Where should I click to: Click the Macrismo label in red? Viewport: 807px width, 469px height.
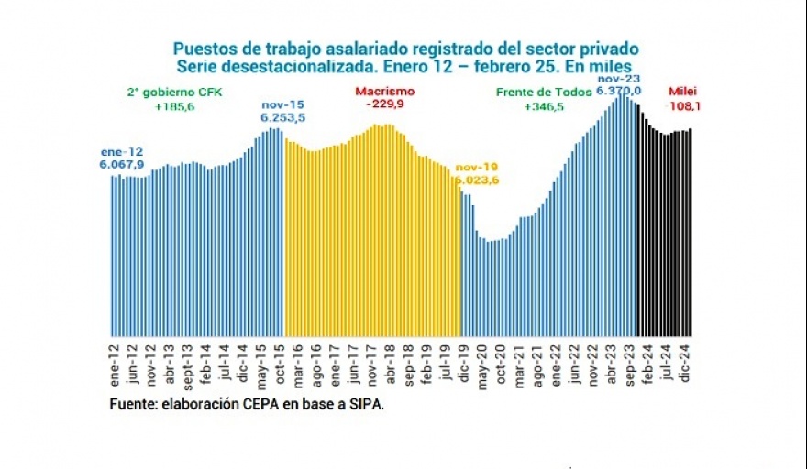point(384,92)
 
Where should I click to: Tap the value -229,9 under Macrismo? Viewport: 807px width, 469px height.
point(384,104)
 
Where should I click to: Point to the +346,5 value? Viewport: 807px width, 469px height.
point(544,106)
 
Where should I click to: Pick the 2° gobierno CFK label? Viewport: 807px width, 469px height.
point(173,93)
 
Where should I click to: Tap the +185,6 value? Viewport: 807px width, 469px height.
point(173,106)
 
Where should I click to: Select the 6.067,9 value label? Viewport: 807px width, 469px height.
point(122,164)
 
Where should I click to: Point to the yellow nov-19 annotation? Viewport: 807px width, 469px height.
point(477,167)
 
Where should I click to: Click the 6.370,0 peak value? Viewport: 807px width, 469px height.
point(618,91)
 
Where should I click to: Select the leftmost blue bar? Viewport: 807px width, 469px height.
point(113,256)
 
